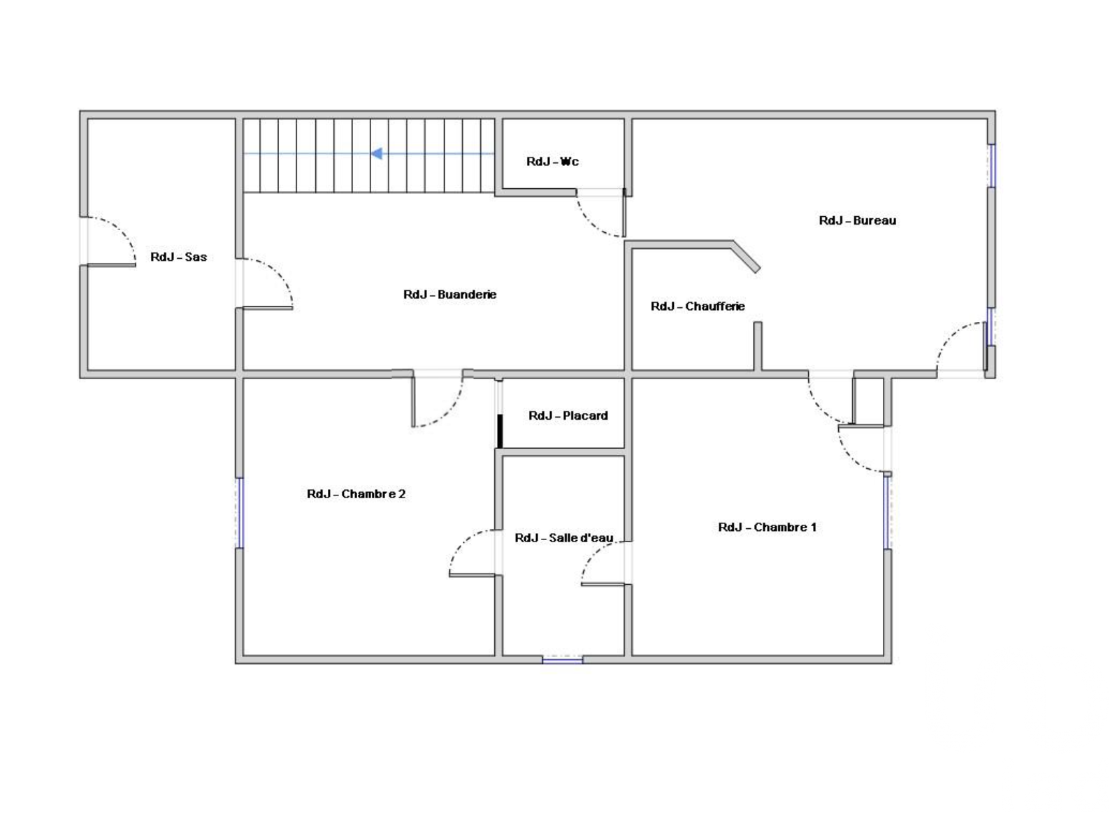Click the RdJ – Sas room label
[x=178, y=257]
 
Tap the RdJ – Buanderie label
[x=449, y=295]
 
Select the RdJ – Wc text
[x=552, y=161]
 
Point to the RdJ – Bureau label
[x=857, y=220]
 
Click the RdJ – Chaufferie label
[x=698, y=306]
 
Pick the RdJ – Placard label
[x=568, y=415]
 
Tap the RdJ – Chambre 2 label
[x=356, y=493]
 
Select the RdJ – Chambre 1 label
[x=767, y=527]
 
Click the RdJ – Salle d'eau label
[x=563, y=537]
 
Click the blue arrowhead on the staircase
[x=377, y=153]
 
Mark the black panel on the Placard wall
[x=500, y=431]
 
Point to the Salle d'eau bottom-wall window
[x=563, y=660]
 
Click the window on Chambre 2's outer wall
[x=240, y=513]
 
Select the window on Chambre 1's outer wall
[x=888, y=513]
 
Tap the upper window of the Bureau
[x=992, y=166]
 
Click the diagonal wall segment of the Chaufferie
[x=746, y=257]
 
